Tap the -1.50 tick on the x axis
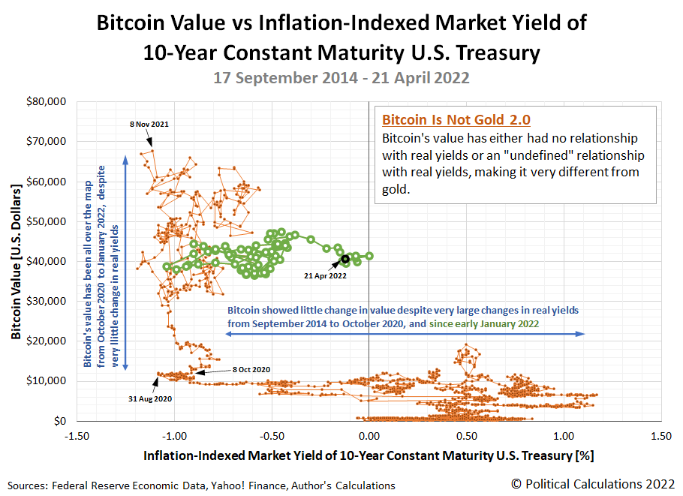[77, 435]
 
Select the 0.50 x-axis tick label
[466, 435]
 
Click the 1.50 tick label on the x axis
[660, 435]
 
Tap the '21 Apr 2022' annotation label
[325, 276]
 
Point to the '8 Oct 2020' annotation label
[251, 369]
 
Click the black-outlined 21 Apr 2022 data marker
[345, 259]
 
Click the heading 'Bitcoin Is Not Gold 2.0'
[447, 120]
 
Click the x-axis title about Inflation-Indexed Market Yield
[369, 455]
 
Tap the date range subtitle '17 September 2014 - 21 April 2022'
[341, 77]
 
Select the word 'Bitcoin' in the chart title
[134, 23]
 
